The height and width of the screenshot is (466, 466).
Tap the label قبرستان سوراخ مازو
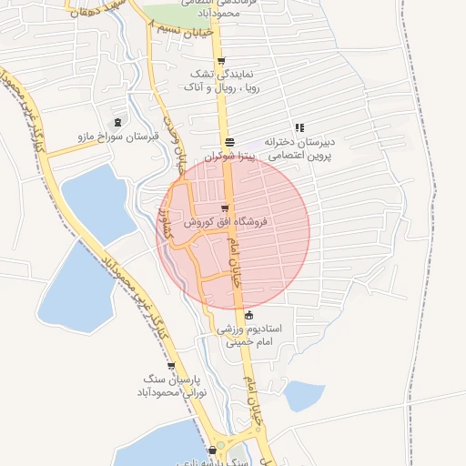117,137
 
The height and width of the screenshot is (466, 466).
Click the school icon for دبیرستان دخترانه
299,128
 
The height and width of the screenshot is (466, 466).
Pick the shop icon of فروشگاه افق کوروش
225,208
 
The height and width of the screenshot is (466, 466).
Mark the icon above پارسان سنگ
171,366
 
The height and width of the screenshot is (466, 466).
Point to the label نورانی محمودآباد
172,393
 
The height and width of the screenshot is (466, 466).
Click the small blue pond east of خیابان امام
303,396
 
